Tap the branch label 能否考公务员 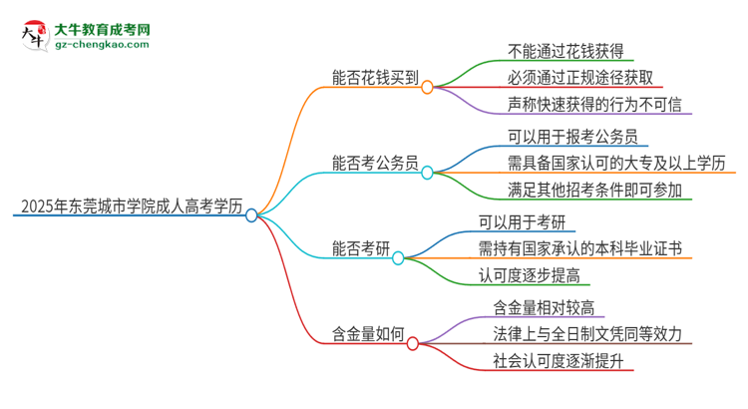(374, 163)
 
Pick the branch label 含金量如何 (367, 334)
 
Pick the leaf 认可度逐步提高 (543, 276)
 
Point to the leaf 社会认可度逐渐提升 (558, 361)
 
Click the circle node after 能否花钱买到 (427, 88)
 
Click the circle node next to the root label (251, 214)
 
